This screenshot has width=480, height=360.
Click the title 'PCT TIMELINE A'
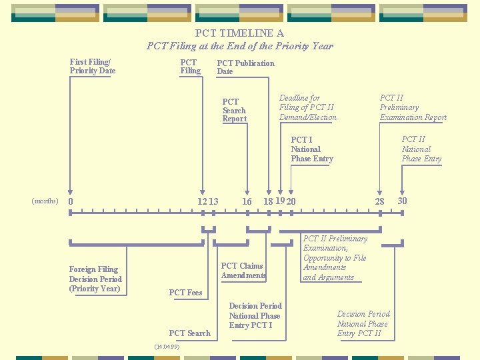click(239, 33)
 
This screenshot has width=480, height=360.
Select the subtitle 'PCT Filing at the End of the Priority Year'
click(239, 46)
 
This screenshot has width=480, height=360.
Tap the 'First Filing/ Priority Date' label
click(93, 66)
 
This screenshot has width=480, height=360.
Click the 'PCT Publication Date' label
click(245, 67)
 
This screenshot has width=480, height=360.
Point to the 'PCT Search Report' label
click(234, 110)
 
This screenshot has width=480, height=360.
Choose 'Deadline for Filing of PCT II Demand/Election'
click(308, 107)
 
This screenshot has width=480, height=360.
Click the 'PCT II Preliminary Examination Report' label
click(413, 107)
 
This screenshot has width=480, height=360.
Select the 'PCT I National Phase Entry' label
click(311, 149)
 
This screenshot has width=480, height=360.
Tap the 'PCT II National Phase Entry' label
click(421, 149)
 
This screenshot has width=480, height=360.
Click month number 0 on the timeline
click(71, 201)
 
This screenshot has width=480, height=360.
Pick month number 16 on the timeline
click(247, 201)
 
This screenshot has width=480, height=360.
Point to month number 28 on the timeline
click(379, 201)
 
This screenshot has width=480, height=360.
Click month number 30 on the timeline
click(402, 201)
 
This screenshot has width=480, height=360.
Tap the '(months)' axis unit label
click(45, 201)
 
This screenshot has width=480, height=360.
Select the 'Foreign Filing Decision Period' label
click(95, 279)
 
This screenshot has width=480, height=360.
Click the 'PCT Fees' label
click(185, 292)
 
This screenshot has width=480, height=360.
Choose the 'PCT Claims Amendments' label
click(243, 271)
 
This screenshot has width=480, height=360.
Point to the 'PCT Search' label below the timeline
click(189, 333)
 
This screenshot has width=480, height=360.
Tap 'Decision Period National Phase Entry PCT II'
click(363, 323)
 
